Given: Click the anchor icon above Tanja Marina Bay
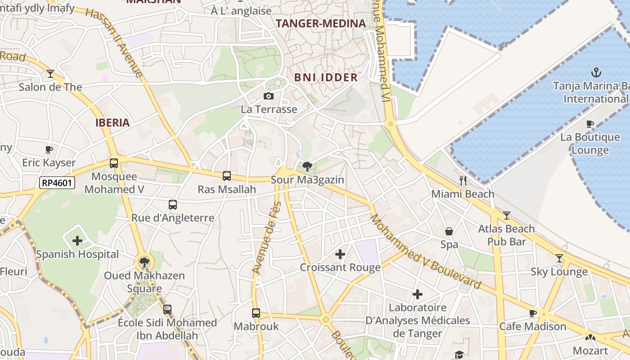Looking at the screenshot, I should [x=596, y=72].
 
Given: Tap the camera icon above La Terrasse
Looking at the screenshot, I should [x=269, y=96].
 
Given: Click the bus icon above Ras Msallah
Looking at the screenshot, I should [x=227, y=176].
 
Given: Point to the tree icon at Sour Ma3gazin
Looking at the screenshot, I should [x=307, y=166].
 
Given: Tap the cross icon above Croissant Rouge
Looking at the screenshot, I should [x=340, y=255].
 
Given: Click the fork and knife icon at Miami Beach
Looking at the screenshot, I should [x=463, y=181].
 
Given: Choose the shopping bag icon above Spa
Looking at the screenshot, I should [x=449, y=231].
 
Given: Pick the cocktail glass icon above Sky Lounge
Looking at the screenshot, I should [x=559, y=258].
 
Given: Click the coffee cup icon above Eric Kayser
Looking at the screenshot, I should [x=49, y=149].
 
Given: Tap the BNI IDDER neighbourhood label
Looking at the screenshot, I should [x=326, y=77].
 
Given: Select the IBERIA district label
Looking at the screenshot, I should [x=112, y=122].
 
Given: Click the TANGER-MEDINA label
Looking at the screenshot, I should [x=320, y=23].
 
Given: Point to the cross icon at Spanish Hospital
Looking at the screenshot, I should [x=77, y=241].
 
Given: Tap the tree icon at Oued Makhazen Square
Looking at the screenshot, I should [x=144, y=262].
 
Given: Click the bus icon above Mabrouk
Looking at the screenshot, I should [x=256, y=313].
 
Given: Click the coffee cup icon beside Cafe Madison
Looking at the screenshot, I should [x=533, y=313].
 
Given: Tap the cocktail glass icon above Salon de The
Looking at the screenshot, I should [x=50, y=73].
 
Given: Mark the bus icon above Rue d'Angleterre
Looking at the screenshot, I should [x=173, y=205].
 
